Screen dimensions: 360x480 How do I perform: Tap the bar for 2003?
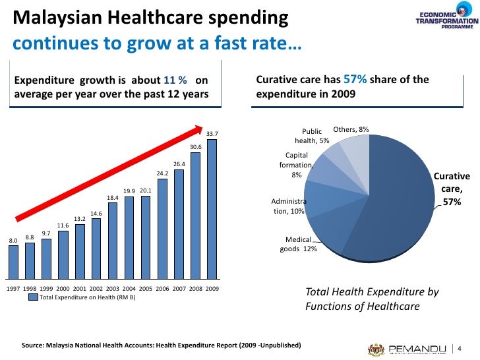[x=113, y=241]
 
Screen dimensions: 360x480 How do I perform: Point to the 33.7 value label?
[x=212, y=134]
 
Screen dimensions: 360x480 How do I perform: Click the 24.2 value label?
[x=162, y=173]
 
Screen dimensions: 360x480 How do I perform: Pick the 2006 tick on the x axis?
[x=162, y=289]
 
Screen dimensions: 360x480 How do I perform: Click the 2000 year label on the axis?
[x=63, y=289]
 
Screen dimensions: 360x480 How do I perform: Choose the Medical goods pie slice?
[x=324, y=234]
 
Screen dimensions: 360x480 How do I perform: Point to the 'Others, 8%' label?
[x=351, y=130]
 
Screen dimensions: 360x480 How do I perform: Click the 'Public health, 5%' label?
[x=312, y=136]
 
